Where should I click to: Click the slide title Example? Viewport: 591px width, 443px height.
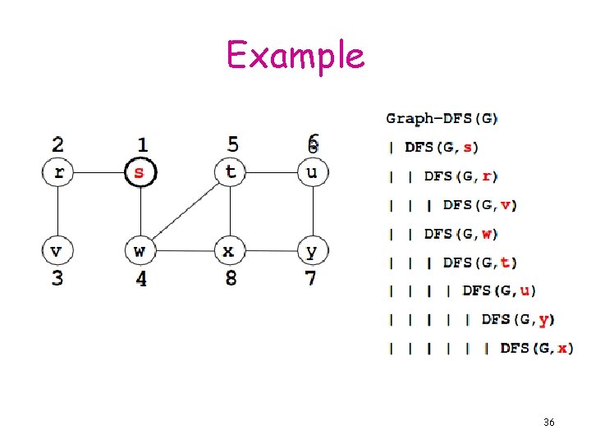[295, 56]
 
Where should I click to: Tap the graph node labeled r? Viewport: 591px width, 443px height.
[57, 173]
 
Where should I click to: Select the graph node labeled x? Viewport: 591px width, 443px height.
[230, 249]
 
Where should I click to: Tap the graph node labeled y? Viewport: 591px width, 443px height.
[311, 249]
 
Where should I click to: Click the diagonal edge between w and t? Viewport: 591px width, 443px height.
[186, 211]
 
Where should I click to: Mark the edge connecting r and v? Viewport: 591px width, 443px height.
[57, 211]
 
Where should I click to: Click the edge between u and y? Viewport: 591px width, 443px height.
[311, 211]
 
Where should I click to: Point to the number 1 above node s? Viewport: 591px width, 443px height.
[142, 145]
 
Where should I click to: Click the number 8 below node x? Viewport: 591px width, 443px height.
[231, 278]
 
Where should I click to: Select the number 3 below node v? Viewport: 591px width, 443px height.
[57, 278]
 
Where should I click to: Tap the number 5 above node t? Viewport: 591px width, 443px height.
[233, 145]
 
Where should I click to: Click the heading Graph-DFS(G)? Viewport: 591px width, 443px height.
[442, 118]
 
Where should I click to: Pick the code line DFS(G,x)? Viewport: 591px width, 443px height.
[535, 349]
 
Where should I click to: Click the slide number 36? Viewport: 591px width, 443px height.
[549, 422]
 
